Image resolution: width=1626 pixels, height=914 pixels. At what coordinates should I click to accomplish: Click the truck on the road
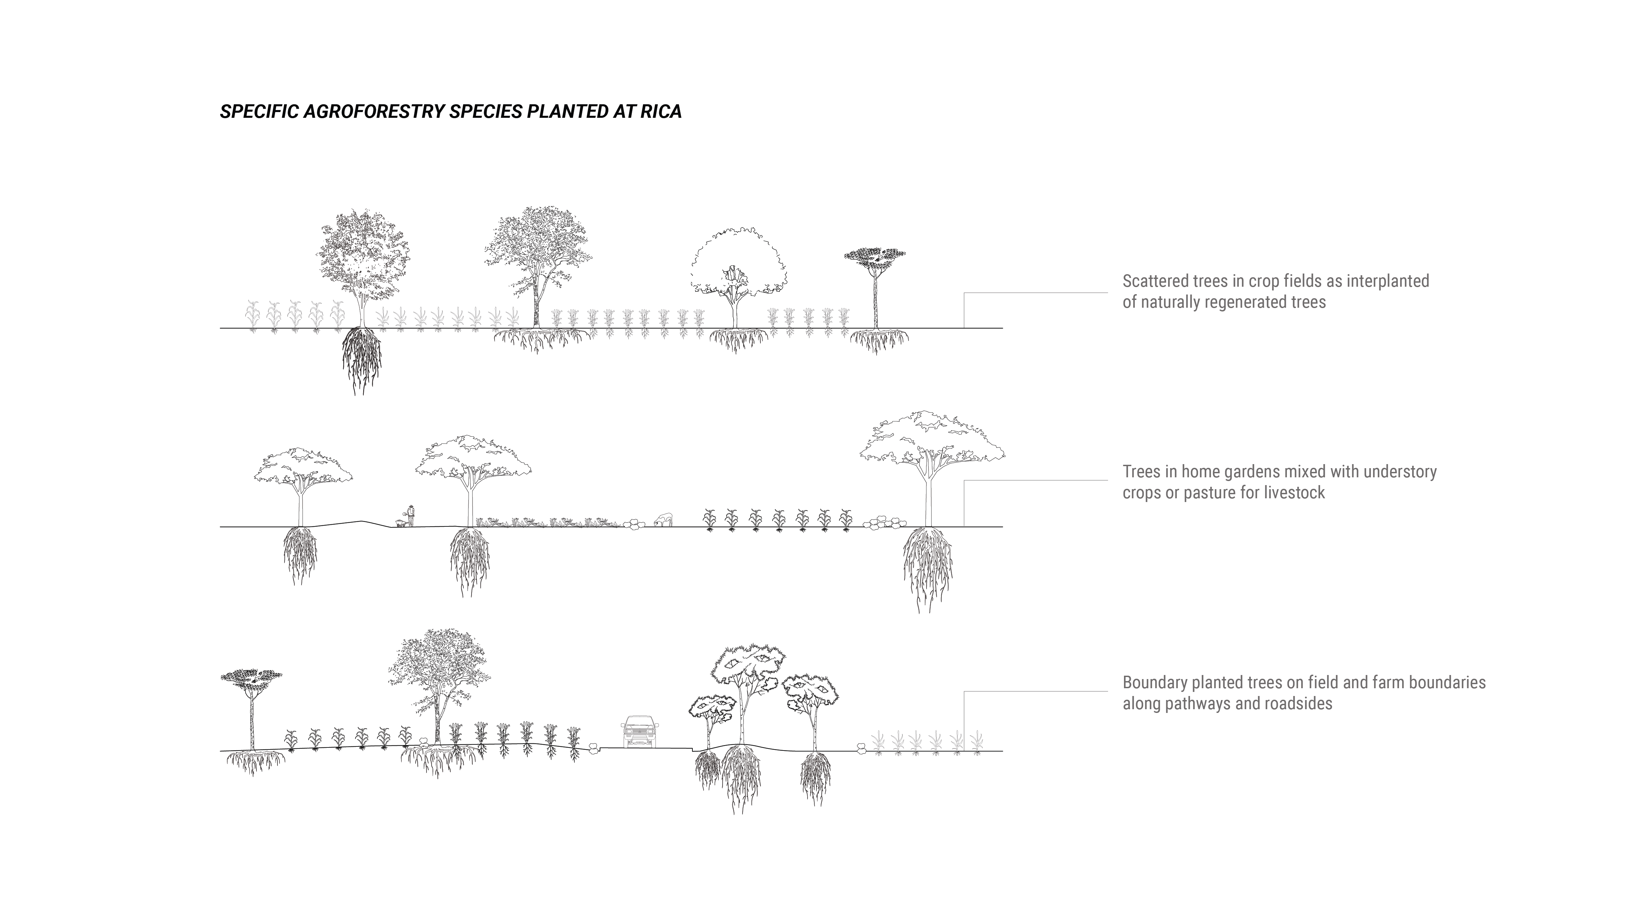[x=640, y=732]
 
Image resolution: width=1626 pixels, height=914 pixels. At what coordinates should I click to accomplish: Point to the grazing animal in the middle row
[x=663, y=519]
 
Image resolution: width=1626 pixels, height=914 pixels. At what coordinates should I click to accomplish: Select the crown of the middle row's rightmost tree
[x=931, y=438]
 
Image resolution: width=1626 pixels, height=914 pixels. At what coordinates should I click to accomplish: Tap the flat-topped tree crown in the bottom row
[x=251, y=677]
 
